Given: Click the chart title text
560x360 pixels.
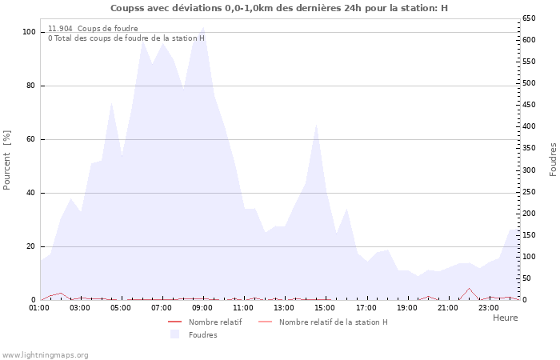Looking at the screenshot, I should point(279,8).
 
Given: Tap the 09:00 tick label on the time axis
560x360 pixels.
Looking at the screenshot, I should point(202,307).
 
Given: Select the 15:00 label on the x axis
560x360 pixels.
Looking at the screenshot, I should point(325,307).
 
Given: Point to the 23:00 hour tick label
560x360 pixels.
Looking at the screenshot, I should point(489,307).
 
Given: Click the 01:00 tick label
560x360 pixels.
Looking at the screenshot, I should point(39,307).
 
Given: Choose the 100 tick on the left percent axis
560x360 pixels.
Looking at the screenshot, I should point(29,32).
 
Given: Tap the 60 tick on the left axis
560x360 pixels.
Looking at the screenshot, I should point(31,139).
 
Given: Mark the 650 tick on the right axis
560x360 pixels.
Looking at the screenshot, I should point(529,18).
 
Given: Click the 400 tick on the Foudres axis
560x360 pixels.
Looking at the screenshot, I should point(529,126).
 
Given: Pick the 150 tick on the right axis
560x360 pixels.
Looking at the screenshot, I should point(529,235).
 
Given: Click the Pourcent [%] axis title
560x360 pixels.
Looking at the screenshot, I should point(7,160).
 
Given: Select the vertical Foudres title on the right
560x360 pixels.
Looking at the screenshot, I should point(553,160).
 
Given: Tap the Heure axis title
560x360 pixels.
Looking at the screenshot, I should point(505,318).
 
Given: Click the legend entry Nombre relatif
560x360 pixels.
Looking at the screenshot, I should point(214,322).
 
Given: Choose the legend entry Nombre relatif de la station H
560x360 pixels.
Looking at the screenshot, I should point(333,322).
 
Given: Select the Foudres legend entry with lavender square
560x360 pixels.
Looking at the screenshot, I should point(202,334).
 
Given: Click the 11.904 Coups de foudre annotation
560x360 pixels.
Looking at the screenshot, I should point(93,29).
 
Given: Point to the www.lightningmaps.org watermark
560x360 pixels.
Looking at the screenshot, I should point(46,354).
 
